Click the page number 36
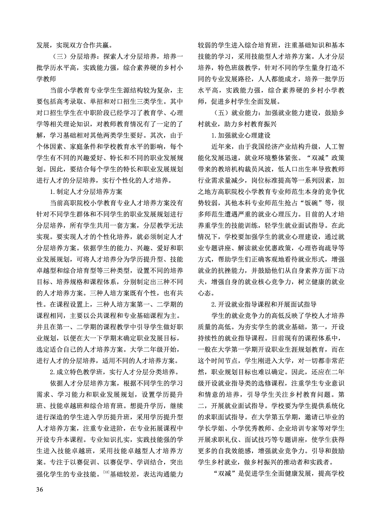[x=40, y=489]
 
